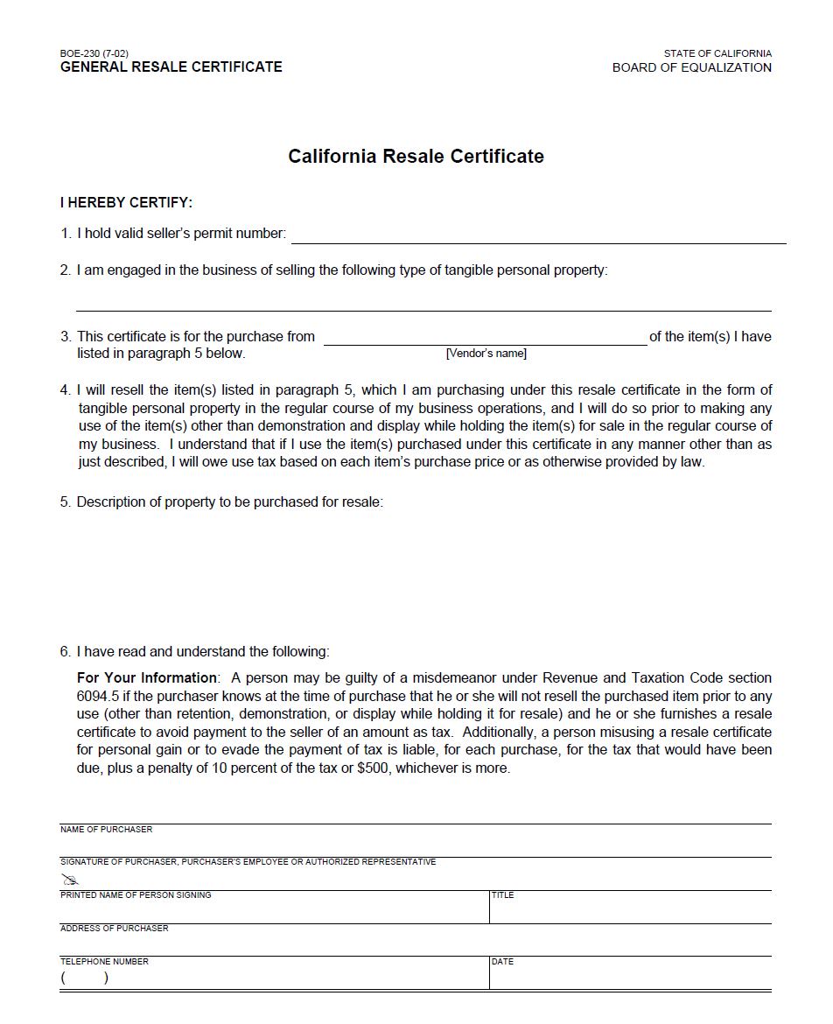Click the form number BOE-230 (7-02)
click(x=94, y=53)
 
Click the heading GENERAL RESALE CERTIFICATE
click(x=171, y=67)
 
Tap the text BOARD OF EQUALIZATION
click(x=691, y=67)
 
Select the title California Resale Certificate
click(x=416, y=157)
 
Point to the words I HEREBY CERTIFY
click(x=126, y=203)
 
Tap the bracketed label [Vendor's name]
click(x=486, y=354)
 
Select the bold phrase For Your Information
click(x=147, y=678)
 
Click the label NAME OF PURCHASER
click(x=106, y=830)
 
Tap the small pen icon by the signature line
click(x=70, y=879)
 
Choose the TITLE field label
click(x=502, y=895)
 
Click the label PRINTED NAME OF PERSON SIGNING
click(x=136, y=895)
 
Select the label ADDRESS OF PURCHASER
click(x=114, y=929)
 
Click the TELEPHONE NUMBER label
click(x=104, y=962)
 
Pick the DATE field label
click(x=502, y=962)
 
